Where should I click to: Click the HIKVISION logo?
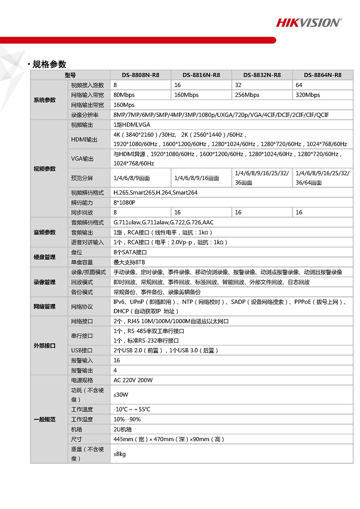[309, 22]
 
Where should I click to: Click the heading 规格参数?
[49, 64]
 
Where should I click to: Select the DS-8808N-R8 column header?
[140, 75]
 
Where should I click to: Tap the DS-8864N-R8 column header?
[322, 75]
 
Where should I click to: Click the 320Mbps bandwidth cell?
[308, 95]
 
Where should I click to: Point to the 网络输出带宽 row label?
[87, 105]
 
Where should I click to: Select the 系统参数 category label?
[45, 100]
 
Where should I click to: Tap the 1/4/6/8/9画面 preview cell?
[132, 178]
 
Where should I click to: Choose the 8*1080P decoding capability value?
[124, 202]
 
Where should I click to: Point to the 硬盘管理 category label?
[45, 257]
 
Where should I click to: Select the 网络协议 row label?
[82, 307]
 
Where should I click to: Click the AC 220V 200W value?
[133, 380]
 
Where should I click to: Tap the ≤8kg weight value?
[120, 454]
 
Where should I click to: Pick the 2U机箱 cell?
[123, 429]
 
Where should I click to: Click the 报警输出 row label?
[82, 370]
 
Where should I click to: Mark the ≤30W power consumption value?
[121, 395]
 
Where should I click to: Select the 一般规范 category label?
[45, 419]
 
